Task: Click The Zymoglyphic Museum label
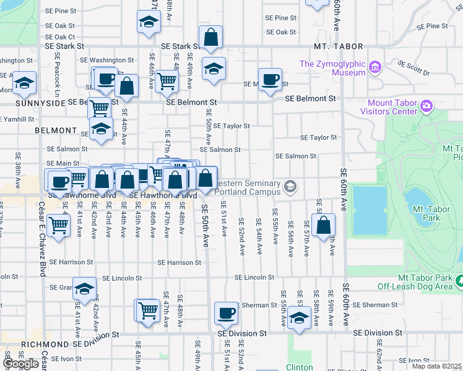[x=332, y=68]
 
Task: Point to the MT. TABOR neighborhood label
[x=332, y=46]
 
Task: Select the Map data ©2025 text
[x=436, y=366]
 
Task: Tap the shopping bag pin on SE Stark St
[x=211, y=37]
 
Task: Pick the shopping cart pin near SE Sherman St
[x=148, y=310]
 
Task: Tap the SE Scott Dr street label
[x=413, y=68]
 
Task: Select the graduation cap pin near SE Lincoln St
[x=84, y=288]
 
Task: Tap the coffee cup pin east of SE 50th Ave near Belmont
[x=270, y=79]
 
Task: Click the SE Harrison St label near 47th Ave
[x=179, y=262]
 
